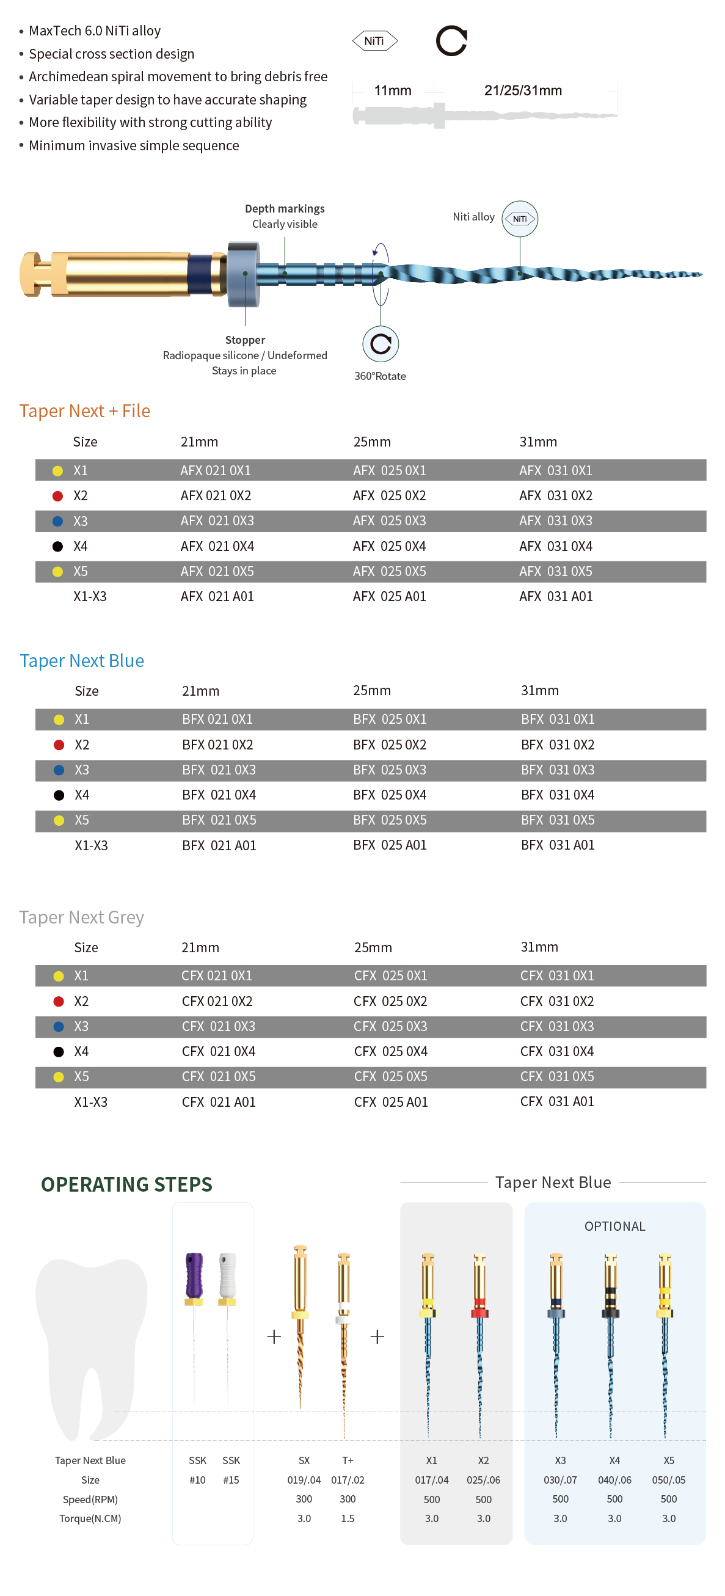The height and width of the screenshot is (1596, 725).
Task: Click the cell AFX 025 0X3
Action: pyautogui.click(x=389, y=520)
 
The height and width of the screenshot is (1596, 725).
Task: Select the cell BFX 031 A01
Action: pyautogui.click(x=557, y=845)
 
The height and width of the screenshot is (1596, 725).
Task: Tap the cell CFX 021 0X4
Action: pyautogui.click(x=218, y=1051)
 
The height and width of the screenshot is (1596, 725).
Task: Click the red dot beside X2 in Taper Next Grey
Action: pyautogui.click(x=59, y=1000)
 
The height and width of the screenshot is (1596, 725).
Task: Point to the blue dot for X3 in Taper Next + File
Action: pyautogui.click(x=57, y=521)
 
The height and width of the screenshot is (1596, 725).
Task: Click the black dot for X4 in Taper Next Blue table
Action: pyautogui.click(x=59, y=795)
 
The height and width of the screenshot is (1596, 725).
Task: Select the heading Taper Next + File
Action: pyautogui.click(x=84, y=411)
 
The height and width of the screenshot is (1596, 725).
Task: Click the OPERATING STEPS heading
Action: pyautogui.click(x=126, y=1184)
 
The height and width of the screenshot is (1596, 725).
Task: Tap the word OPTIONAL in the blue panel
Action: pyautogui.click(x=614, y=1225)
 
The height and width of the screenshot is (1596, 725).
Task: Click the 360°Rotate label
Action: pyautogui.click(x=380, y=376)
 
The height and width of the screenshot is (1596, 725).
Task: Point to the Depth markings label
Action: pyautogui.click(x=285, y=209)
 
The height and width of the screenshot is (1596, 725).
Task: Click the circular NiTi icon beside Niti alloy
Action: pyautogui.click(x=519, y=219)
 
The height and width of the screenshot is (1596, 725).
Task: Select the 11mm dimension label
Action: pyautogui.click(x=392, y=90)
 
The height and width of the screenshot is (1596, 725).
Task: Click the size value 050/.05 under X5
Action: pyautogui.click(x=668, y=1479)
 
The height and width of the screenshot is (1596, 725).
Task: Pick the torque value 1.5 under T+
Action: pyautogui.click(x=347, y=1518)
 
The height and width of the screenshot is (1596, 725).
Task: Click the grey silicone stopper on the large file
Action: pyautogui.click(x=243, y=274)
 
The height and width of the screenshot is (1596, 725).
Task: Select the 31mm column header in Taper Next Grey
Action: pyautogui.click(x=539, y=947)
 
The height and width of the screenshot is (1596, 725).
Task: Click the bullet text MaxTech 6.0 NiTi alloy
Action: pyautogui.click(x=94, y=31)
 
